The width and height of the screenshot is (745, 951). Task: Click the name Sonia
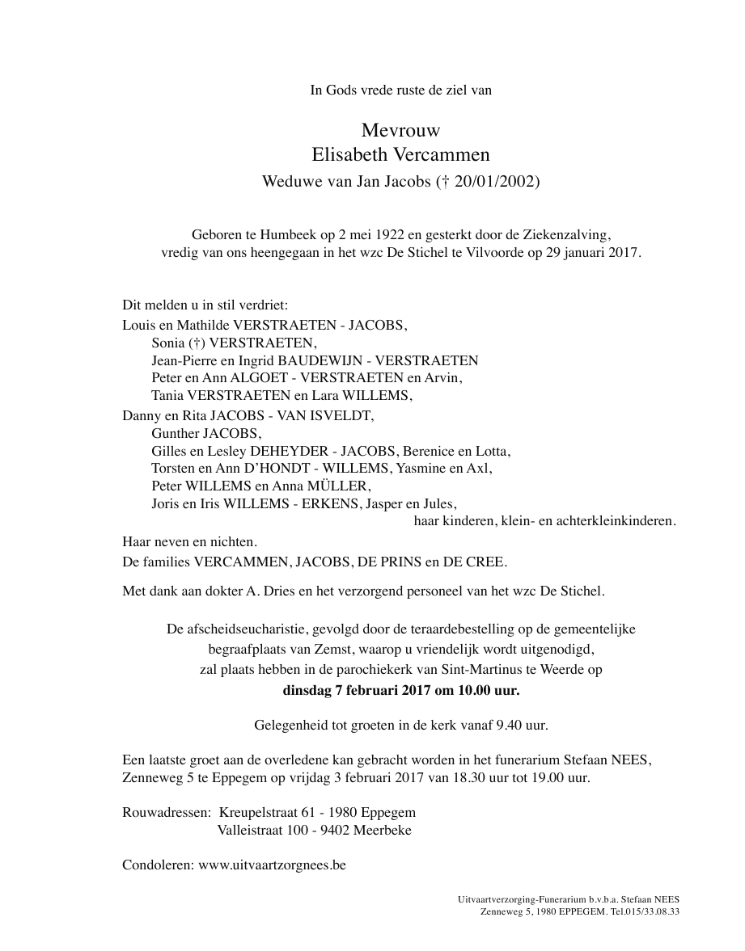[167, 343]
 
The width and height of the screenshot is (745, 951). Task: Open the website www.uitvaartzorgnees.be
[272, 865]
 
